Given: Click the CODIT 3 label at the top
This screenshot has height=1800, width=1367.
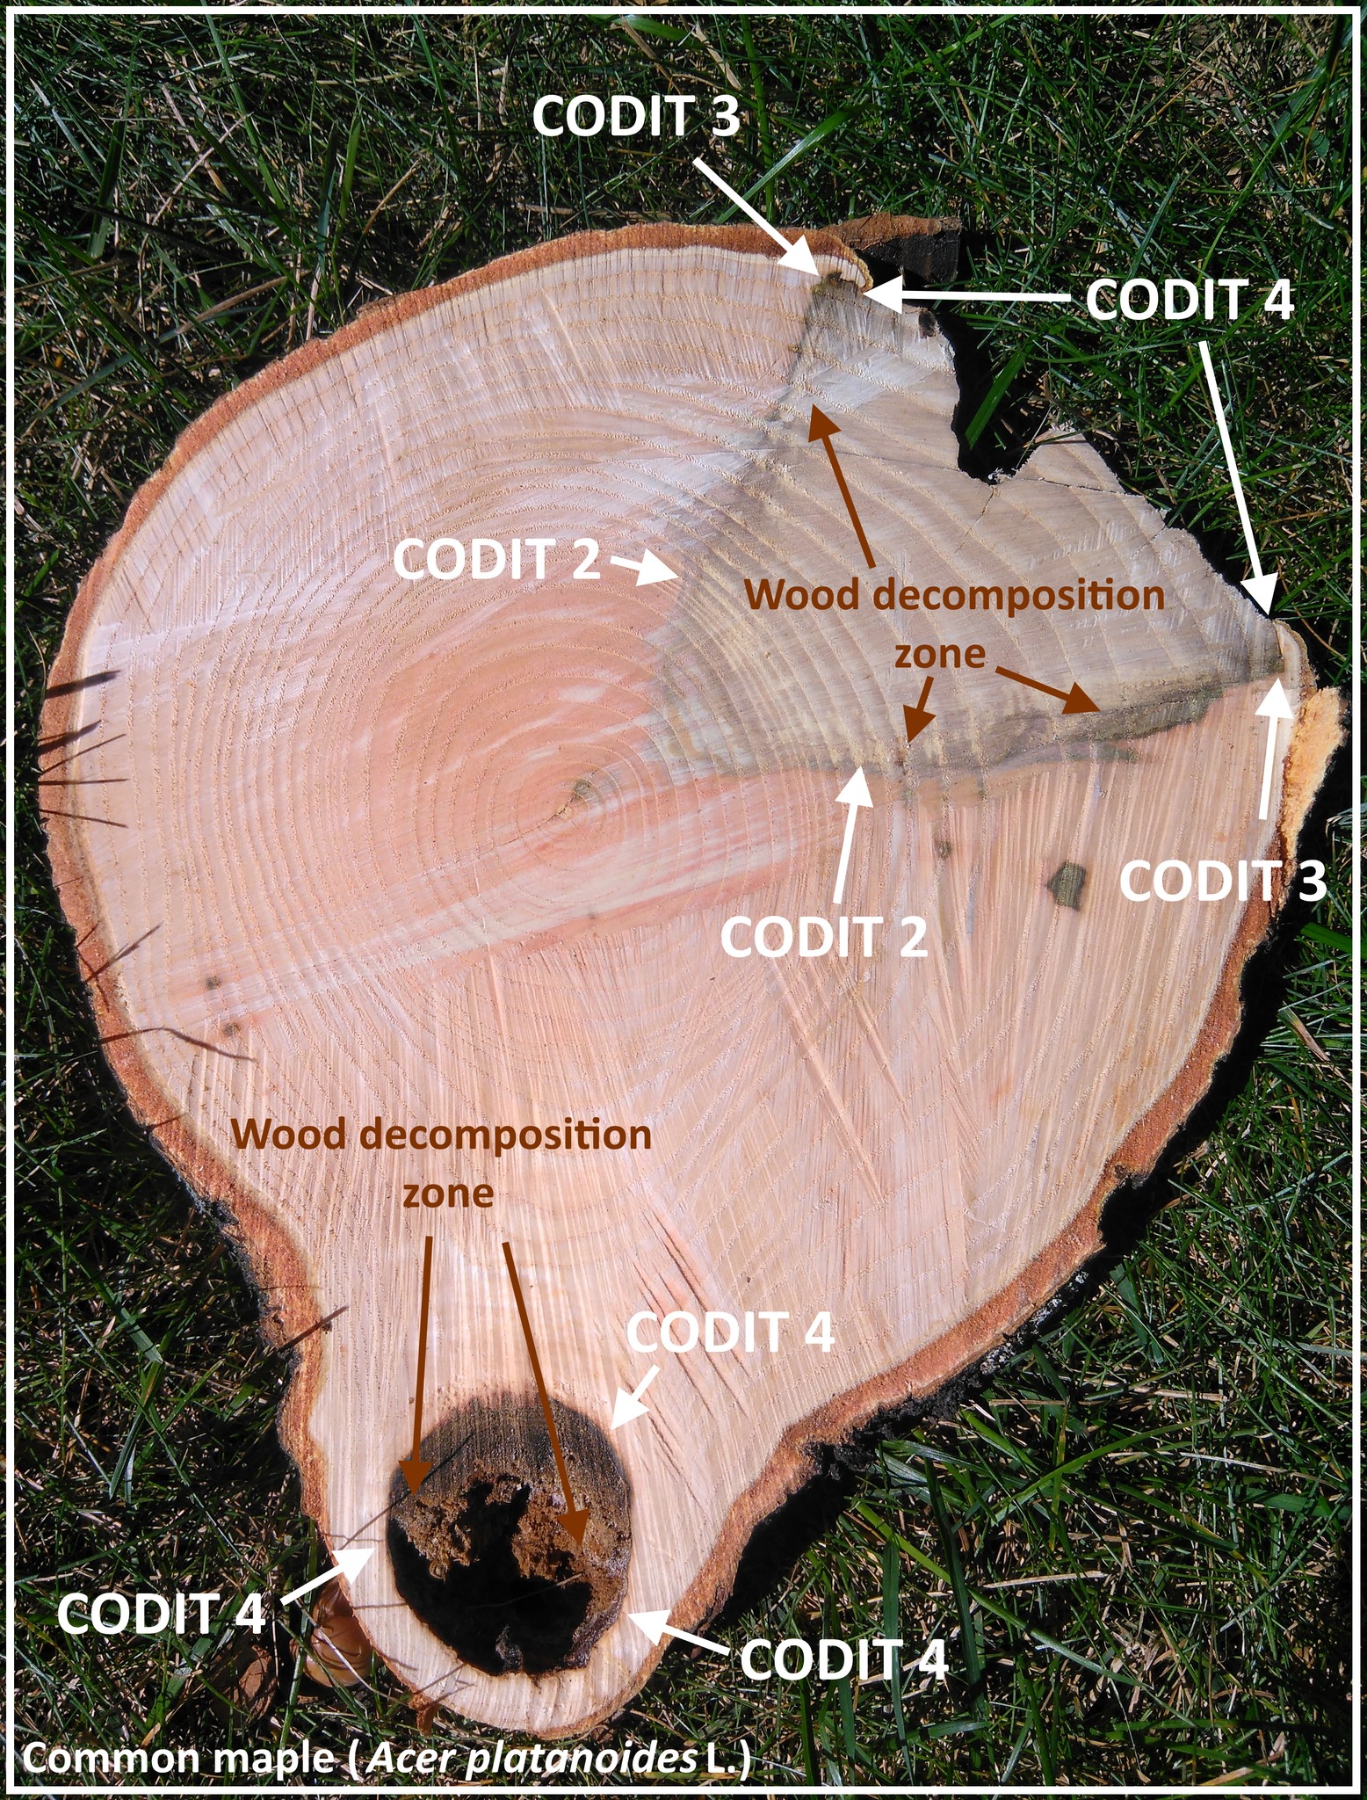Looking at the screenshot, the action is tap(637, 116).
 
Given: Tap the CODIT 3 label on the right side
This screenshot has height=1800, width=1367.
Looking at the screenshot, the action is tap(1223, 882).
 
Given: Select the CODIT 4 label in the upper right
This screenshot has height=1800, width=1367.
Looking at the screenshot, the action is tap(1190, 301).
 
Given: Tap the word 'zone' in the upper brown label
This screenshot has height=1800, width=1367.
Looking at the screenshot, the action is tap(938, 655).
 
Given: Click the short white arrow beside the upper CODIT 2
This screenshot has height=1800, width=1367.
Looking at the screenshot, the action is tap(641, 569).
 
